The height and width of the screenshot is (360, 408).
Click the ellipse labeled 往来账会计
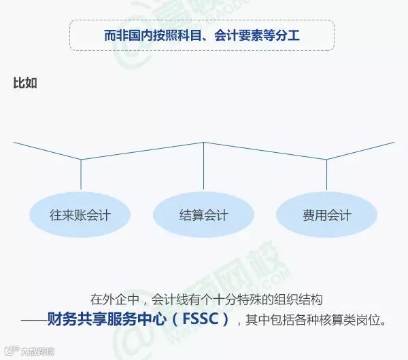point(80,216)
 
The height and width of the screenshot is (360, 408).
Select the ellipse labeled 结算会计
point(204,216)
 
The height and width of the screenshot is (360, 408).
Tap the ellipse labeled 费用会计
point(326,216)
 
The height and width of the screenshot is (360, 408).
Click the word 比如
point(25,83)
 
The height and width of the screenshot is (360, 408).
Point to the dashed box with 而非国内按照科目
point(202,35)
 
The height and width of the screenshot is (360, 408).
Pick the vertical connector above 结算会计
point(204,166)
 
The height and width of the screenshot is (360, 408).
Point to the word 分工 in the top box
point(288,35)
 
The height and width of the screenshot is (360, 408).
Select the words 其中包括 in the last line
point(269,319)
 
